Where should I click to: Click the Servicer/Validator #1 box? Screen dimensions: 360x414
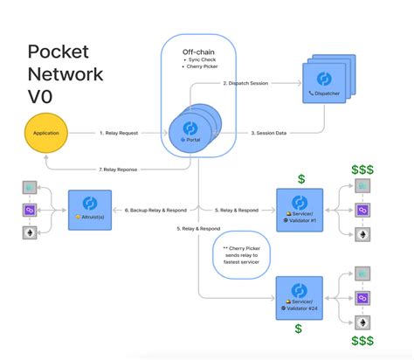[x=300, y=210]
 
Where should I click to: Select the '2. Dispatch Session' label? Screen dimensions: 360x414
[x=247, y=83]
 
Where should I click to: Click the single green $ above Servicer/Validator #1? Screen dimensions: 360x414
[x=300, y=178]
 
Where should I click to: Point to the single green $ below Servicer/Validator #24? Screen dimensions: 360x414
[x=298, y=329]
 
